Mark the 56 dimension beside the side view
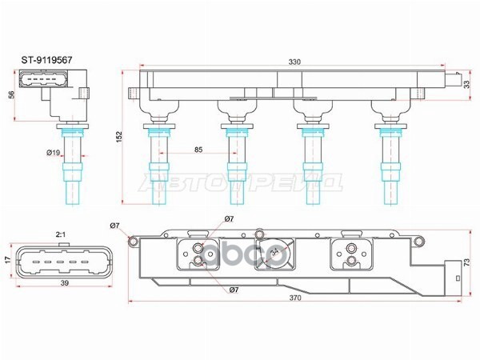pos(12,94)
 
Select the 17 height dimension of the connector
pos(9,259)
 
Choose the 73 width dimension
pos(466,262)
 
